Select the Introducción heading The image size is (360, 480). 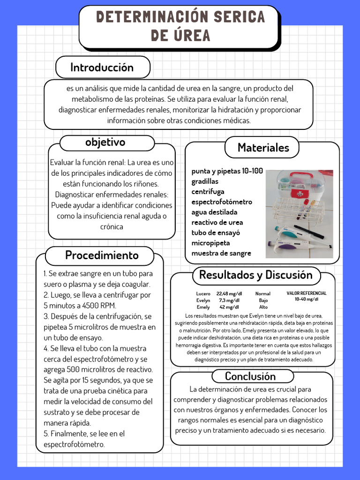(x=102, y=67)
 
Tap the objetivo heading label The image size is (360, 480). (x=105, y=142)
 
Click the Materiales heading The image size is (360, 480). (x=263, y=148)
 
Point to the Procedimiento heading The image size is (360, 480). (x=102, y=255)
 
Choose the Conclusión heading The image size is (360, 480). (x=250, y=376)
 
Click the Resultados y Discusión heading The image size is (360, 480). (x=255, y=275)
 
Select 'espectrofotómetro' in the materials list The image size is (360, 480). (x=221, y=202)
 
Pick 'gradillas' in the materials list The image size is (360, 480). (x=204, y=181)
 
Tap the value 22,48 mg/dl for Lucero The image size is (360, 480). (x=229, y=293)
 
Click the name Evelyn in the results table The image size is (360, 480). (x=203, y=300)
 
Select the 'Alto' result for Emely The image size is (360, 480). (x=263, y=307)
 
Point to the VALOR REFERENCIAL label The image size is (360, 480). (x=306, y=293)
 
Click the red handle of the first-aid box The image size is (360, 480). (x=300, y=177)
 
